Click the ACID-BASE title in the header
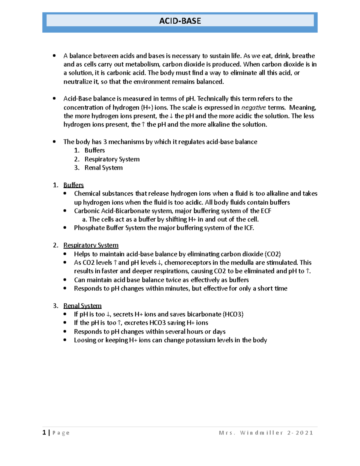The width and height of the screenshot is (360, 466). (x=180, y=21)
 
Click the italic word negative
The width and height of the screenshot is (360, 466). (x=253, y=107)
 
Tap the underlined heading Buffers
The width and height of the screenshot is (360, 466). (x=73, y=185)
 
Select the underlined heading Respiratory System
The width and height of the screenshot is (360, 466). (x=91, y=245)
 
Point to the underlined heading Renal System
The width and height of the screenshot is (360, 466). (x=82, y=306)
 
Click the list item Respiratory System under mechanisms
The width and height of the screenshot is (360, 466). (x=112, y=159)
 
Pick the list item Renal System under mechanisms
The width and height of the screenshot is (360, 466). (x=103, y=168)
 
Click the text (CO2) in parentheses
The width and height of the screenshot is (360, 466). (x=272, y=254)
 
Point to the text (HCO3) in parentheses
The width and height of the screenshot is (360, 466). (x=233, y=314)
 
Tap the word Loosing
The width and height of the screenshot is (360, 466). (x=84, y=340)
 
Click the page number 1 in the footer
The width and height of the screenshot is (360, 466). (x=44, y=432)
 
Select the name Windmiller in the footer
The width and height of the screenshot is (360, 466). (x=261, y=433)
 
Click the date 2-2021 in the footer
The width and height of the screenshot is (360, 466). (x=300, y=433)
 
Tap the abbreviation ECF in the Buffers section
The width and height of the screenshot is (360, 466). (x=266, y=211)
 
